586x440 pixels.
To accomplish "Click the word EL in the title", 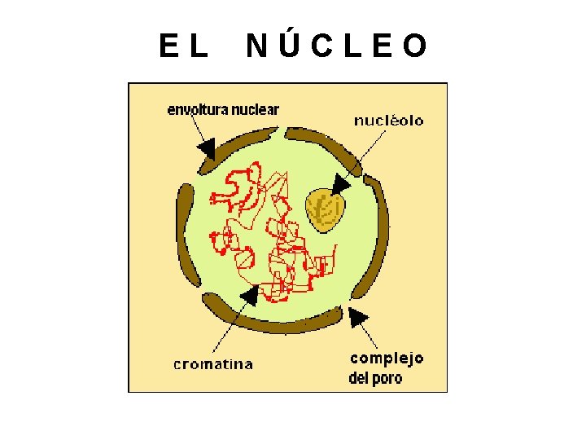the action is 183,46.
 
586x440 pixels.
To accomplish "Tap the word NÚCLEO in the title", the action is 336,46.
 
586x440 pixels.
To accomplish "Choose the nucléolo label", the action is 388,121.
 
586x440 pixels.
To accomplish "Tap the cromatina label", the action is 213,364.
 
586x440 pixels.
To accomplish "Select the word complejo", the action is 387,359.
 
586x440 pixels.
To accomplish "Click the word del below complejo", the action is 359,378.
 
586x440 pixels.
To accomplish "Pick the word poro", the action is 387,379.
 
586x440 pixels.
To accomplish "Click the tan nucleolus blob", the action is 324,210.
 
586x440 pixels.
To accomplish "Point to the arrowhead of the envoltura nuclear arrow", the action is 207,149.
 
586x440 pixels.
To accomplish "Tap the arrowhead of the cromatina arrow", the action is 250,294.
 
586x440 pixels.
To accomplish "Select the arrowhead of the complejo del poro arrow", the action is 357,316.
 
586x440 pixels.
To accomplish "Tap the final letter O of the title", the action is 414,46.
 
